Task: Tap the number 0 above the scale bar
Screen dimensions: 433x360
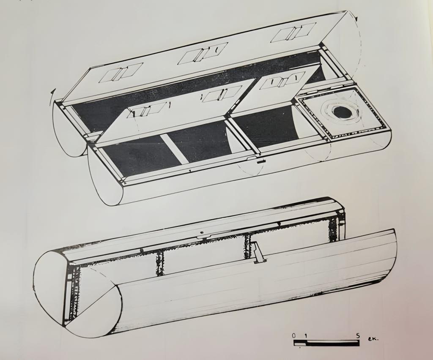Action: pos(294,336)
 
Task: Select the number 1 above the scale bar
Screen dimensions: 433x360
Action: pos(306,336)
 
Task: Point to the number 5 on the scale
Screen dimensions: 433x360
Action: pos(358,336)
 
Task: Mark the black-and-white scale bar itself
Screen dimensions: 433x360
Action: pos(327,343)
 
